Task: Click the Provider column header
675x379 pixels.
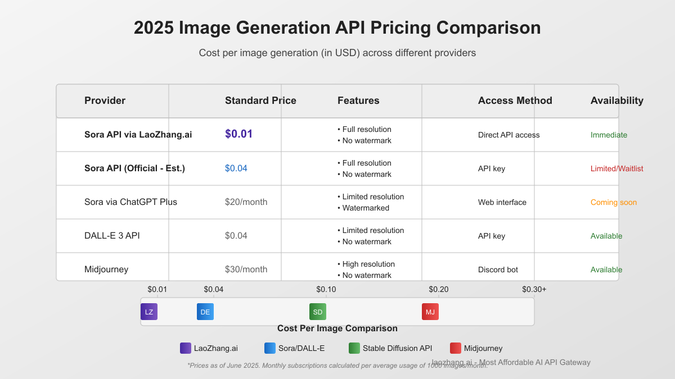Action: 105,101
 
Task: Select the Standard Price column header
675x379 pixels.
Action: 260,101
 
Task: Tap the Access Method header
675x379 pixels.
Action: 515,101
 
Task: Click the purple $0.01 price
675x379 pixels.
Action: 238,134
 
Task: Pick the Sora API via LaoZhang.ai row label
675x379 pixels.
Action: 138,135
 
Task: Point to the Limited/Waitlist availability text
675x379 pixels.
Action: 616,168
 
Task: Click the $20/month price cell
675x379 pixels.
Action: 246,202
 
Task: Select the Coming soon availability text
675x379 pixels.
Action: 613,202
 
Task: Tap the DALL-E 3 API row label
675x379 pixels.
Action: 112,236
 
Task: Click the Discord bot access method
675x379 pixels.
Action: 498,270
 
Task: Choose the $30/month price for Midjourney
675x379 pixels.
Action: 246,270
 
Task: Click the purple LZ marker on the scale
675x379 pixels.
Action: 149,312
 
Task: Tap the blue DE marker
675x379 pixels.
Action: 205,312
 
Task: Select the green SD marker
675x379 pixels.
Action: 318,312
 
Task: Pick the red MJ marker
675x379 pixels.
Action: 430,312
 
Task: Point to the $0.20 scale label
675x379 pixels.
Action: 439,289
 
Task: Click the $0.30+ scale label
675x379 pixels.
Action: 534,289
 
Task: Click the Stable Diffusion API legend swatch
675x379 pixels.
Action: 354,348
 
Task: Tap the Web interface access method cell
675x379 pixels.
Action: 502,202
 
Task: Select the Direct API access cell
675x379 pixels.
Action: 508,135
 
